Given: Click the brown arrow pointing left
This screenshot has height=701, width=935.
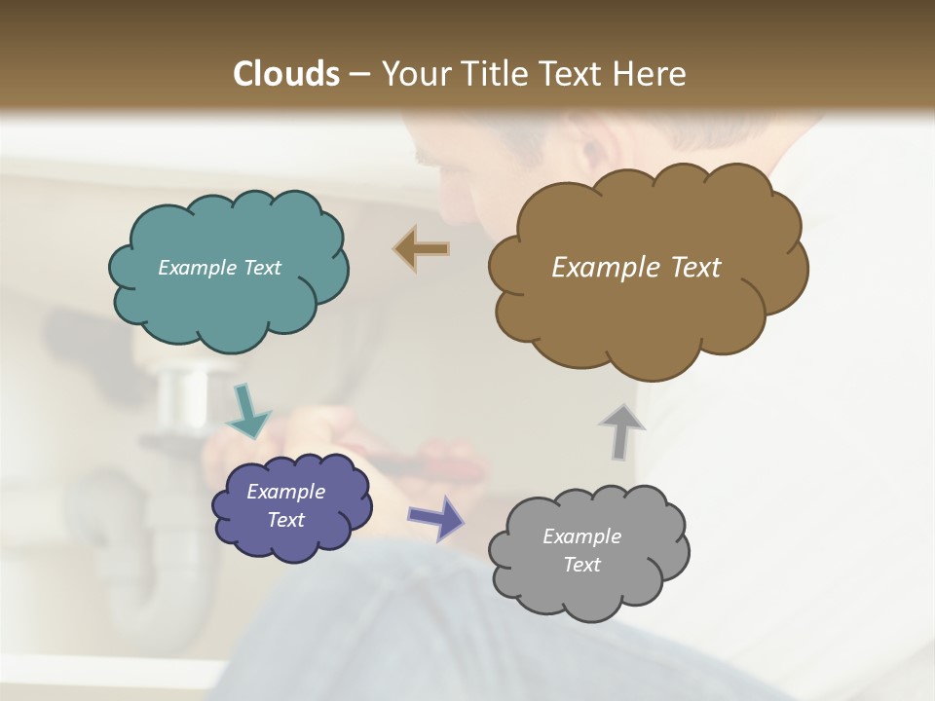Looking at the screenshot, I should coord(422,249).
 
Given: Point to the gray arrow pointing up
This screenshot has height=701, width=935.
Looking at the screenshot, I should coord(621,431).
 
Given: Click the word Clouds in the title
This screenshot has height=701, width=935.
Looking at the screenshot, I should coord(286,74).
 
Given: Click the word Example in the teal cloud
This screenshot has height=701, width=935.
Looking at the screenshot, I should coord(195,268).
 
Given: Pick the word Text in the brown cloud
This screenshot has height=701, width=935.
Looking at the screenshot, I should coord(692,268).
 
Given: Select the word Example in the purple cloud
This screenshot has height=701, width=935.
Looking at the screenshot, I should coord(285,492).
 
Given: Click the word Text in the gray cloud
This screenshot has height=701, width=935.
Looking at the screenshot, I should coord(581,565).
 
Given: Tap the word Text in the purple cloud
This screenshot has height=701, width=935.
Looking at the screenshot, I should coord(285,520).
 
